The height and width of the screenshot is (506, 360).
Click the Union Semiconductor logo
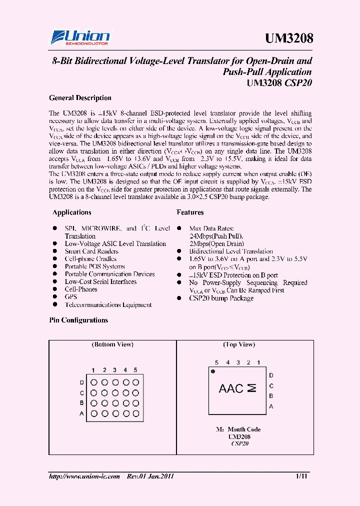coord(79,38)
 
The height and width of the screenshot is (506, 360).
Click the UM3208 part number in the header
coord(288,38)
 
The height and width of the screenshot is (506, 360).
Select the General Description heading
coord(80,98)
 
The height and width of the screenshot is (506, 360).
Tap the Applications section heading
coord(72,212)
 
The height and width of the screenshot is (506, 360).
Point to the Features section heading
coord(190,212)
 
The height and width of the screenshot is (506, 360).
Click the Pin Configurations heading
coord(78,320)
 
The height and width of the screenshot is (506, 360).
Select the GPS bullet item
coord(71,297)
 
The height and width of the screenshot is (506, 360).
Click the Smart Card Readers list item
coord(91,251)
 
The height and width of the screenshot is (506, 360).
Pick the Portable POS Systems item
coord(94,266)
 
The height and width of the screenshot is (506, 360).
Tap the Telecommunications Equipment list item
coord(108,304)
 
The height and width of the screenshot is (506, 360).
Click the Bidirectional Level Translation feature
coord(231,251)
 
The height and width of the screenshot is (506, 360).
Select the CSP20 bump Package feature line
coord(221,298)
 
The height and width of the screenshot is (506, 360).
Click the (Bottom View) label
coord(112,344)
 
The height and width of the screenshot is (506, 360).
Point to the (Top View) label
coord(239,344)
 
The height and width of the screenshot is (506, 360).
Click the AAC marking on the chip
coord(231,388)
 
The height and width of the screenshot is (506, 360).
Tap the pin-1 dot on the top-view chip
coord(213,372)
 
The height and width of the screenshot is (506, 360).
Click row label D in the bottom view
coord(81,383)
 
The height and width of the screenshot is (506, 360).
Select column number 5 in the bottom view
coord(135,370)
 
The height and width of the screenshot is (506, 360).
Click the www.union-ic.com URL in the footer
coord(84,476)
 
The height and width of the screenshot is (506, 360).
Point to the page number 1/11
coord(302,476)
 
